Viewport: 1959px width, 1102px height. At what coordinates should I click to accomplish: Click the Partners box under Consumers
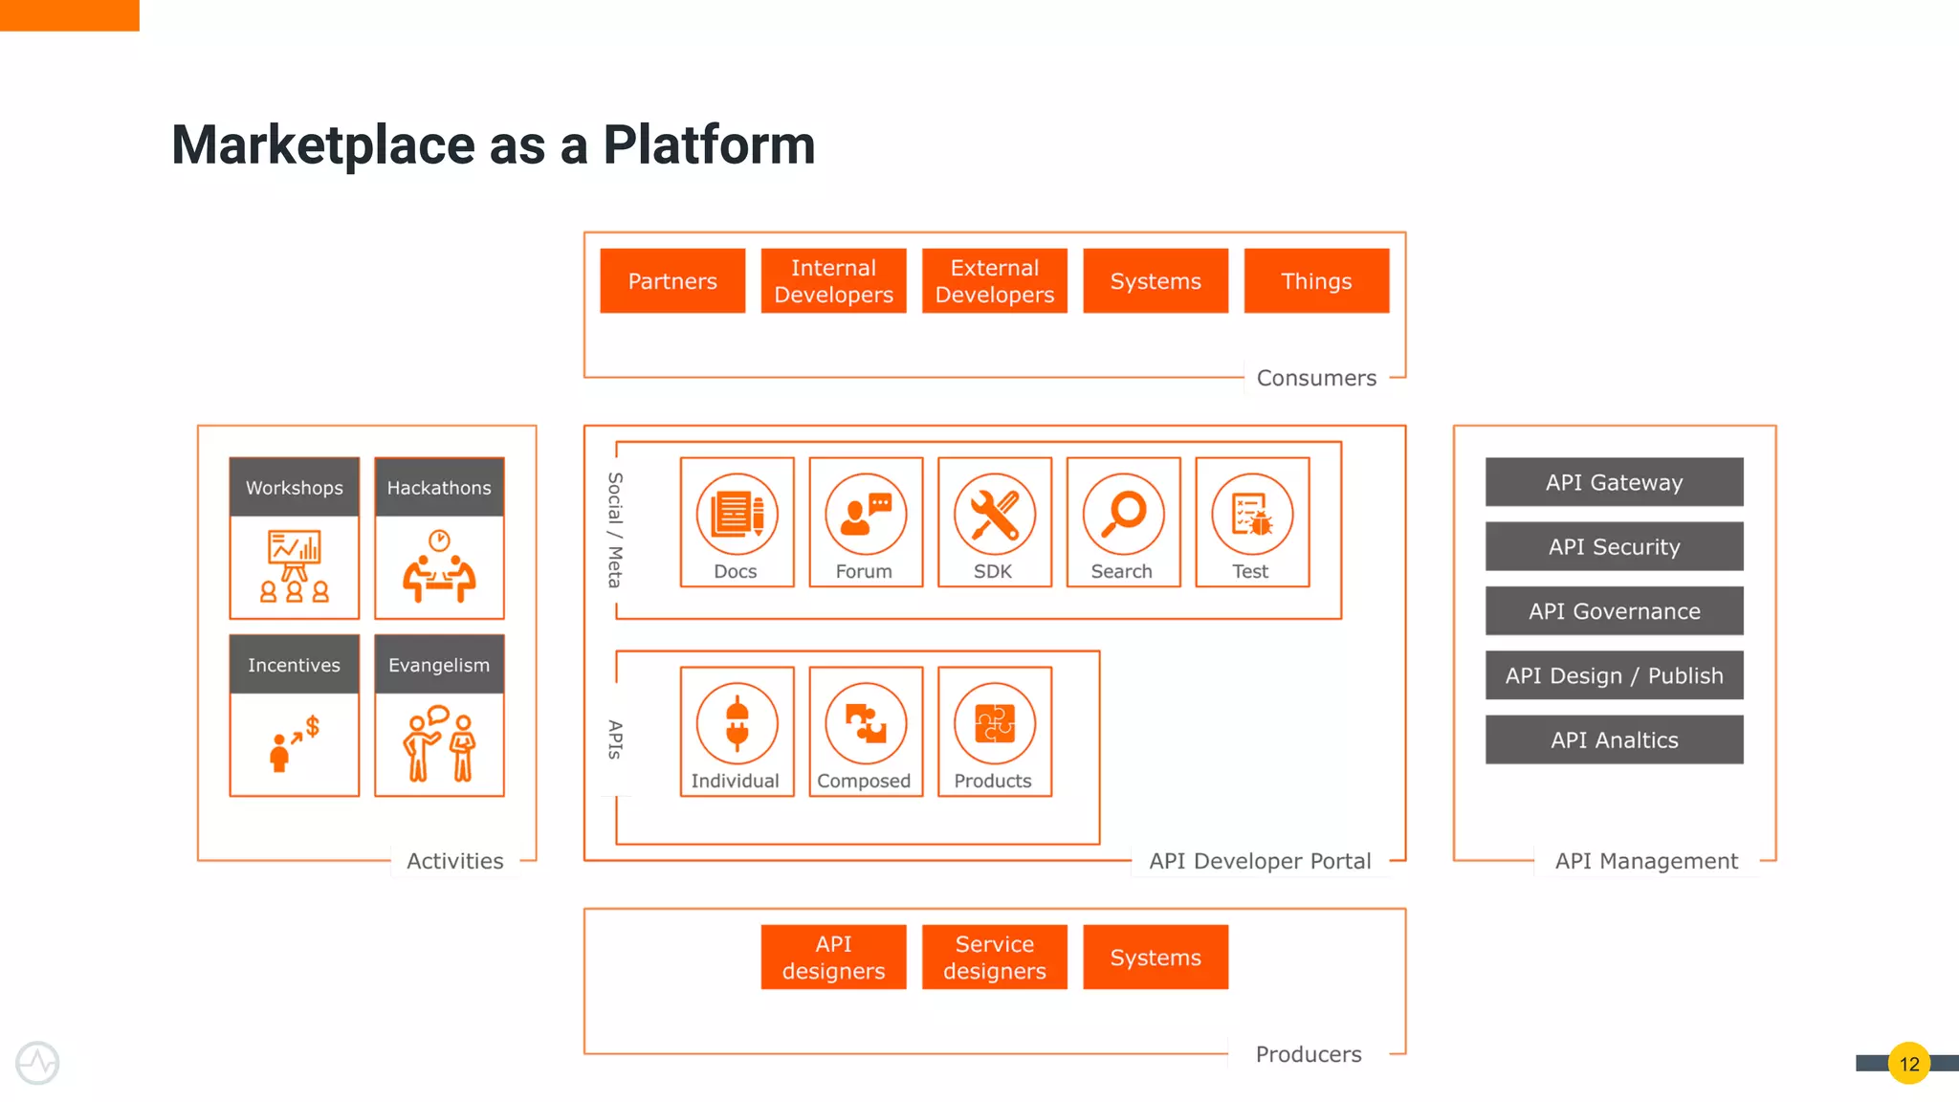pyautogui.click(x=672, y=280)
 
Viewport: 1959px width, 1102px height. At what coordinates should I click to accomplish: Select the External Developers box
pyautogui.click(x=994, y=280)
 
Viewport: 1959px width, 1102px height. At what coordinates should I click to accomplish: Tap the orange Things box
pyautogui.click(x=1316, y=280)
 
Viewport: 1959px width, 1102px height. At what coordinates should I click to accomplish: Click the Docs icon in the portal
pyautogui.click(x=737, y=514)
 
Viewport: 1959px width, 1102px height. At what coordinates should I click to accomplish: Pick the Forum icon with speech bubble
pyautogui.click(x=866, y=514)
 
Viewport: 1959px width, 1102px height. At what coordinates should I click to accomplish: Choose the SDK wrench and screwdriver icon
pyautogui.click(x=994, y=514)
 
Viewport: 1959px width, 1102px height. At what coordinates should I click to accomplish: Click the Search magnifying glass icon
pyautogui.click(x=1123, y=514)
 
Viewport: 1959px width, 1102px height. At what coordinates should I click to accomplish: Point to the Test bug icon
pyautogui.click(x=1252, y=514)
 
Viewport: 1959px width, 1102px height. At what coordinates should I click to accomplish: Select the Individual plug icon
pyautogui.click(x=737, y=723)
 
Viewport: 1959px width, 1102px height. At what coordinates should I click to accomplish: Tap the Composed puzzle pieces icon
pyautogui.click(x=866, y=723)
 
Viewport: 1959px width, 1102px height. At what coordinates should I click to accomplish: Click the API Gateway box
pyautogui.click(x=1614, y=482)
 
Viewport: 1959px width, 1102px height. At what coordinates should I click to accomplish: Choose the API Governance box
pyautogui.click(x=1614, y=611)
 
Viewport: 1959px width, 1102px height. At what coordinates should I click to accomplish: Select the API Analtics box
pyautogui.click(x=1614, y=739)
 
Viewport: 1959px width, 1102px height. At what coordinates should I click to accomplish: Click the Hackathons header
pyautogui.click(x=439, y=487)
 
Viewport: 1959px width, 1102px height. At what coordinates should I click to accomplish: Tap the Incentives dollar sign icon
pyautogui.click(x=295, y=743)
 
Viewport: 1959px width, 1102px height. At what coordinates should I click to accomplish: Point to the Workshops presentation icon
pyautogui.click(x=295, y=565)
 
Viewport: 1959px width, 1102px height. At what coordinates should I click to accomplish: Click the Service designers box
pyautogui.click(x=994, y=957)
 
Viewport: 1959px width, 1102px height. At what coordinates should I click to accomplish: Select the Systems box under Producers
pyautogui.click(x=1156, y=957)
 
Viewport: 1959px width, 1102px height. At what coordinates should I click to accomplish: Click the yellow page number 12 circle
pyautogui.click(x=1908, y=1063)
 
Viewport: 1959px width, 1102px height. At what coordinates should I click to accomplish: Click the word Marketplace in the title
pyautogui.click(x=322, y=145)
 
